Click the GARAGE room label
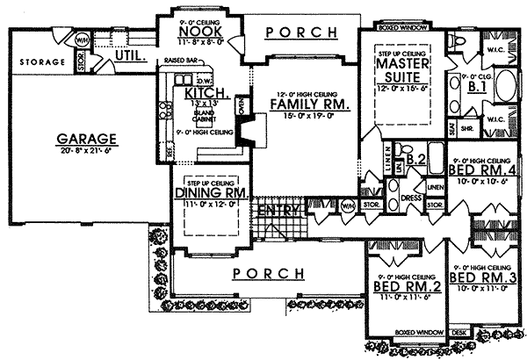pos(88,139)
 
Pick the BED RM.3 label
pos(480,277)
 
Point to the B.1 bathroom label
pos(477,88)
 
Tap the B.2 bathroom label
pos(416,159)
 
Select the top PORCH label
pos(301,32)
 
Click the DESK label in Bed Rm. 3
pos(458,333)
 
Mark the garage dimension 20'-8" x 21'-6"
pos(88,150)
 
